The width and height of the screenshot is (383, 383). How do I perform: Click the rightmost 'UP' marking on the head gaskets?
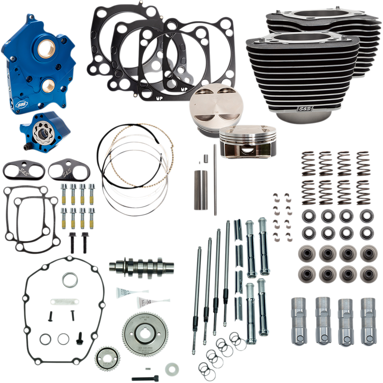[x=184, y=89]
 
